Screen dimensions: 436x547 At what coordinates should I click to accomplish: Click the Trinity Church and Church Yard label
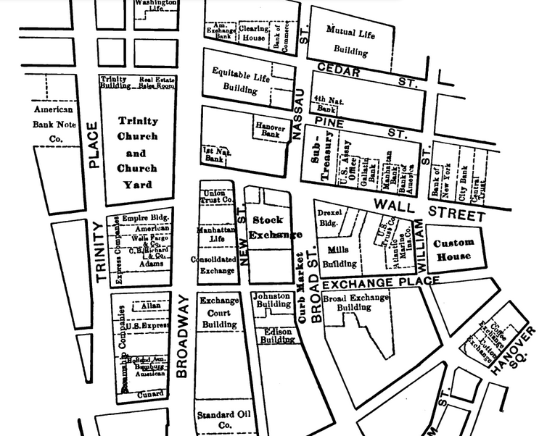(x=137, y=153)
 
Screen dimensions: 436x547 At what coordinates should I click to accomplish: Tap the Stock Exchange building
(x=266, y=227)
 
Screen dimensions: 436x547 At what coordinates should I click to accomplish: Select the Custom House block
(x=453, y=250)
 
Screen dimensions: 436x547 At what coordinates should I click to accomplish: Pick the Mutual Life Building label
(x=350, y=41)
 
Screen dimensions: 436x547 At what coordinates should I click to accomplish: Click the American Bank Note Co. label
(x=54, y=124)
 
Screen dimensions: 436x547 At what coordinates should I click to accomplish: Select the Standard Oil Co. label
(x=215, y=420)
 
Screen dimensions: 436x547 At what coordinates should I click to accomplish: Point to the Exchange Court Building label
(x=218, y=312)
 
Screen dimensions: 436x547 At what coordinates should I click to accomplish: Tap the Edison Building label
(x=276, y=335)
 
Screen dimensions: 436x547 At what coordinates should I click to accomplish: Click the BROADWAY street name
(x=182, y=337)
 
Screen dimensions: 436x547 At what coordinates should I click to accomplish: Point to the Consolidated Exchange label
(x=214, y=264)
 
